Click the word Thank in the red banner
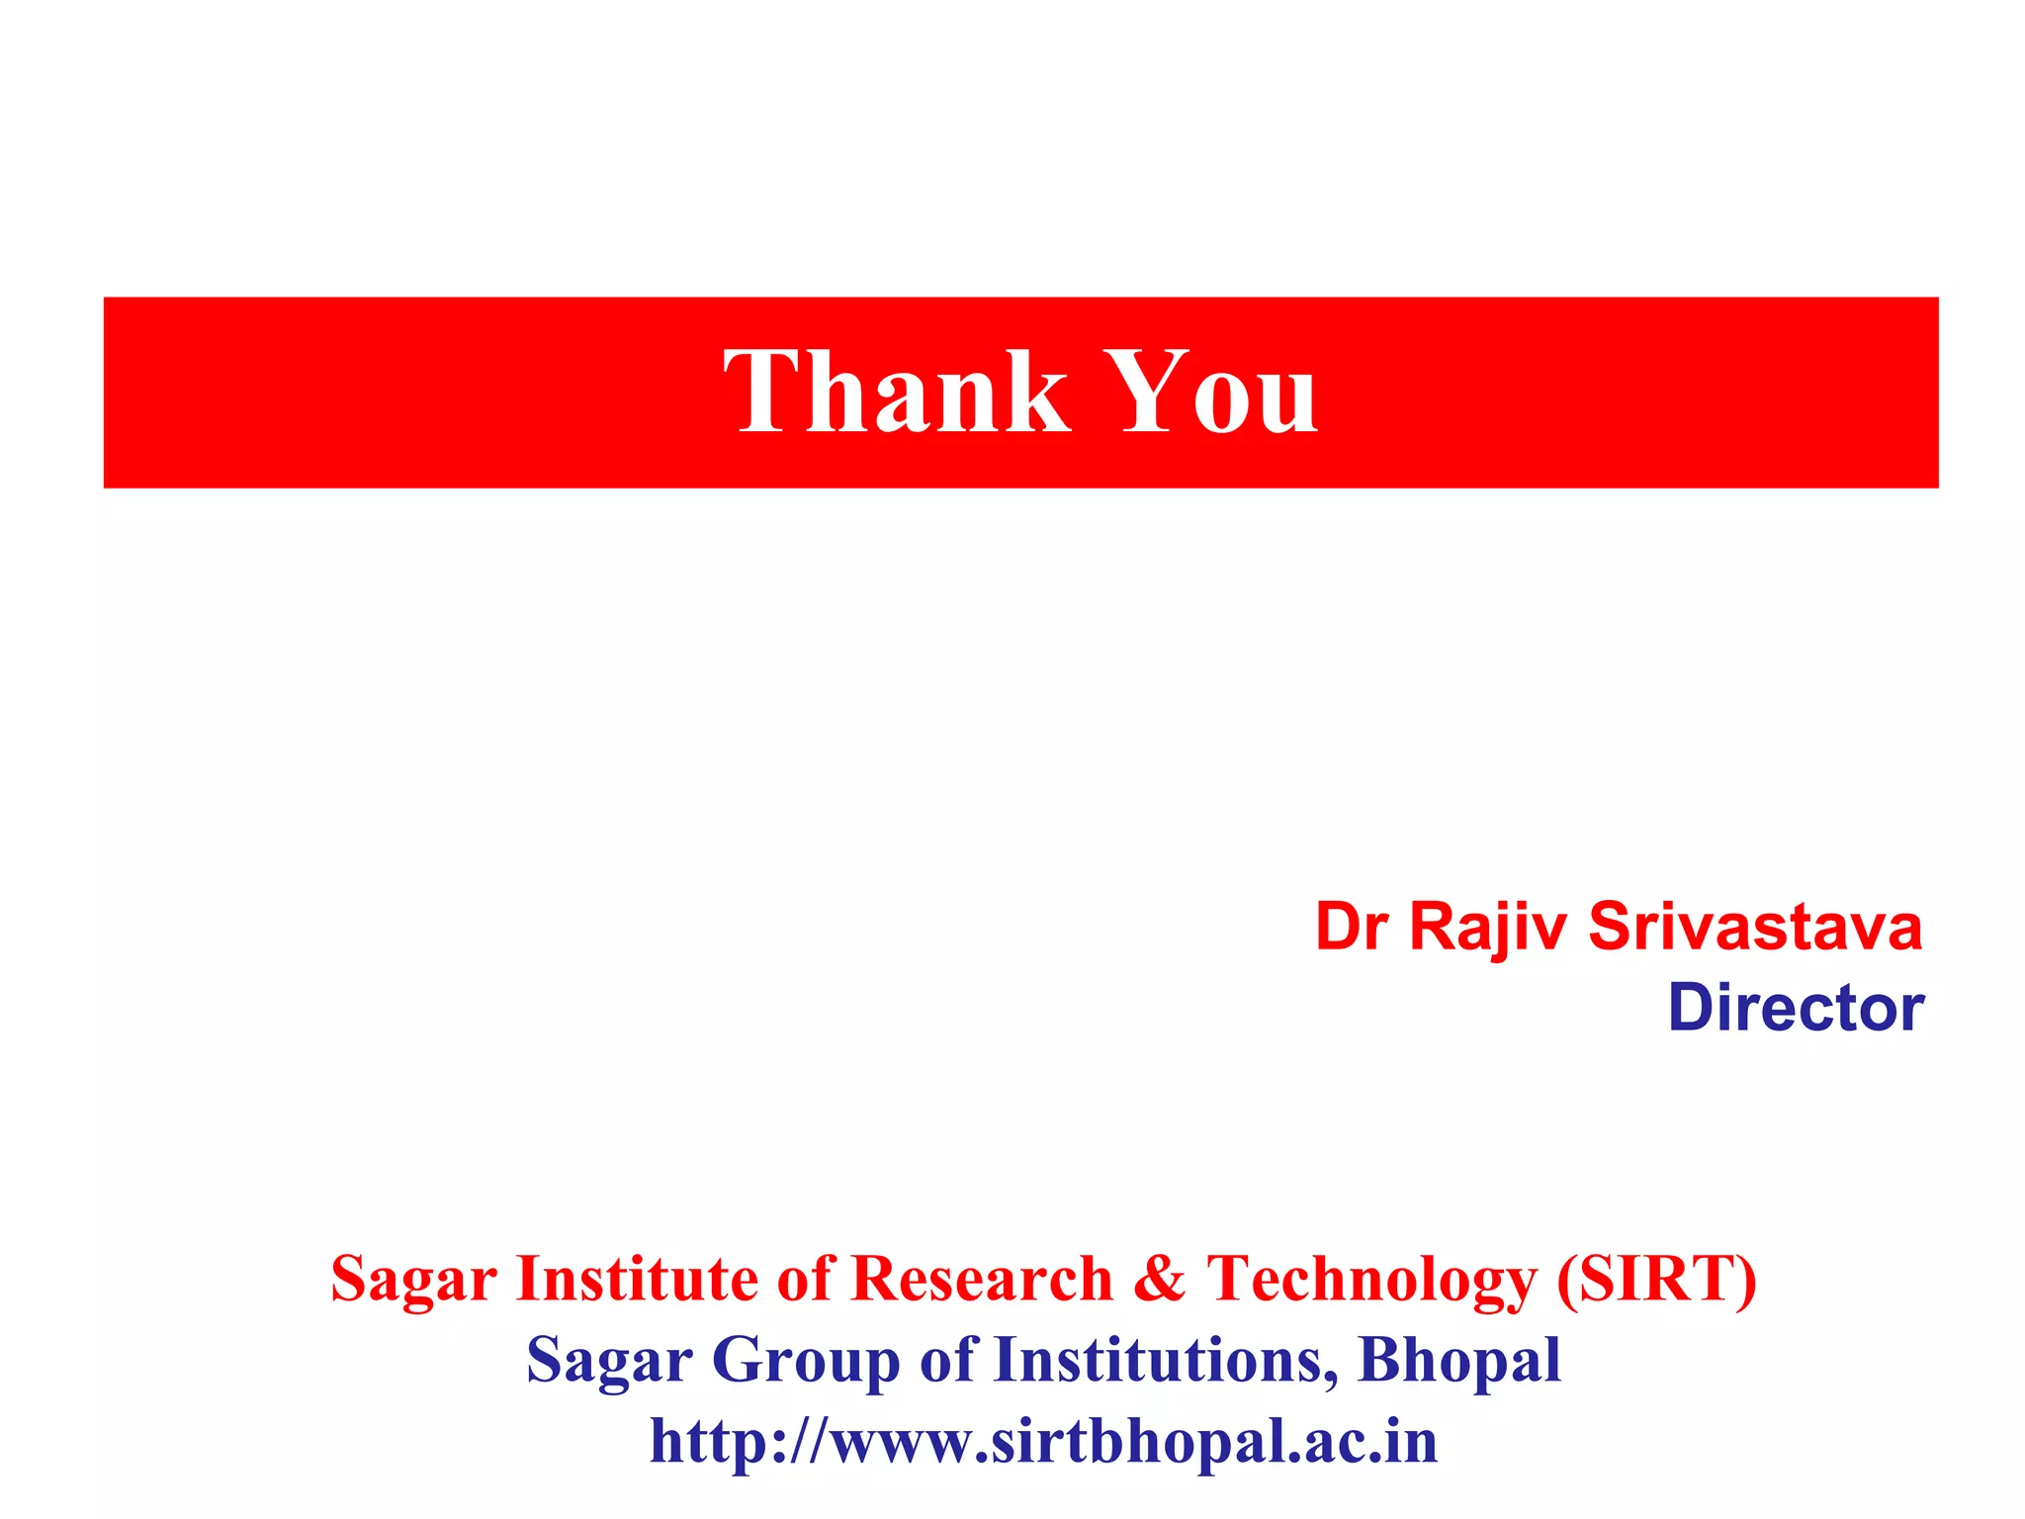tap(896, 392)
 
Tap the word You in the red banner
tap(1210, 392)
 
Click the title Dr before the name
tap(1352, 928)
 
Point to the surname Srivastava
tap(1755, 928)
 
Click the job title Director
tap(1796, 1009)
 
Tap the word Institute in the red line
tap(637, 1279)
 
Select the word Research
tap(982, 1279)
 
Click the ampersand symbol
tap(1159, 1279)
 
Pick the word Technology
tap(1371, 1281)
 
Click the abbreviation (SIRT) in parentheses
tap(1657, 1279)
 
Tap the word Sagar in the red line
tap(413, 1281)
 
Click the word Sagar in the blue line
tap(609, 1362)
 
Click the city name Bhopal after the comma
tap(1459, 1362)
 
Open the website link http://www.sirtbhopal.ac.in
tap(1043, 1442)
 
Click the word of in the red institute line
tap(805, 1279)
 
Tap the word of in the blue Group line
tap(947, 1360)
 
